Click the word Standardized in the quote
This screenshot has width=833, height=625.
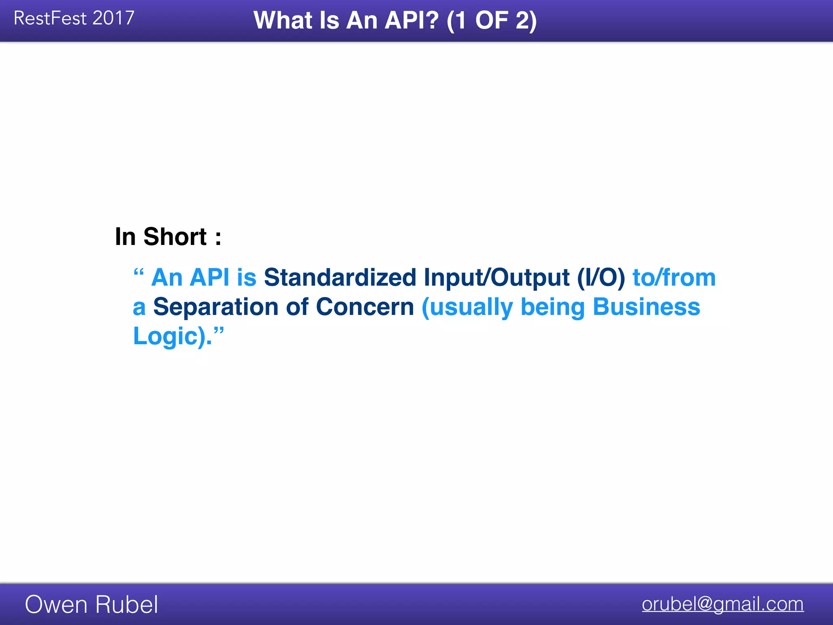(340, 278)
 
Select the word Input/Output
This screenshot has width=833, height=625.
(496, 278)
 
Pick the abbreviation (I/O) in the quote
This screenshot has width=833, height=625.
(601, 278)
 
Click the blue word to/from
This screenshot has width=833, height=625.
(674, 278)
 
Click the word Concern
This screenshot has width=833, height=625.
(365, 307)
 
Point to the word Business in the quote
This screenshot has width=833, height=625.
(646, 307)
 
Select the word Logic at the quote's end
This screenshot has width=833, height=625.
(165, 337)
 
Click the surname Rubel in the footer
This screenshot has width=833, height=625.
(126, 605)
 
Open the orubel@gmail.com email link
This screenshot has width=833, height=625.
(722, 604)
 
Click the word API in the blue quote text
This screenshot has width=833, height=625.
(209, 278)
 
